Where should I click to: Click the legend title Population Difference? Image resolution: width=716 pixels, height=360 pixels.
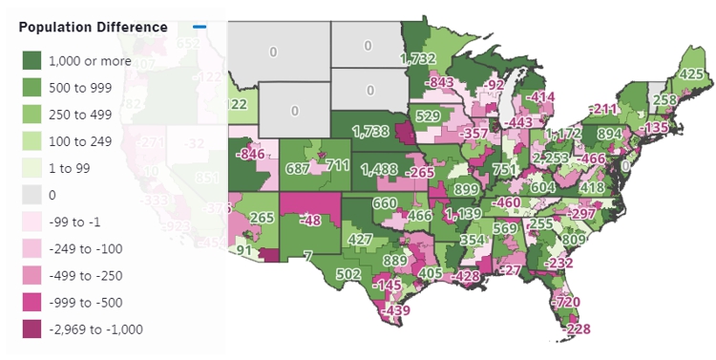94,27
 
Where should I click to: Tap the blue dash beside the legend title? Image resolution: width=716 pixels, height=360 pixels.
198,27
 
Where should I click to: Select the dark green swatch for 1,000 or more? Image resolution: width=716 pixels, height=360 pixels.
35,62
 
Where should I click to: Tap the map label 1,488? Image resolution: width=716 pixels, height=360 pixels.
380,169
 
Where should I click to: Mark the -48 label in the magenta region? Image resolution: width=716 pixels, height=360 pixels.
309,220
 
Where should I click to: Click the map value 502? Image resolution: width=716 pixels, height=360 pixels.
322,274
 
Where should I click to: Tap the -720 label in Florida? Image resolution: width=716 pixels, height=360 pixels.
566,302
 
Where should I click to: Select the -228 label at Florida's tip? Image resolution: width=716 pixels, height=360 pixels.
579,329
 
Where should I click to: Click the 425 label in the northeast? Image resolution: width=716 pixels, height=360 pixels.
691,74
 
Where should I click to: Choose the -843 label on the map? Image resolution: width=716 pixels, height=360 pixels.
439,83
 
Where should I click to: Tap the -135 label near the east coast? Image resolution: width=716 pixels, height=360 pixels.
656,127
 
